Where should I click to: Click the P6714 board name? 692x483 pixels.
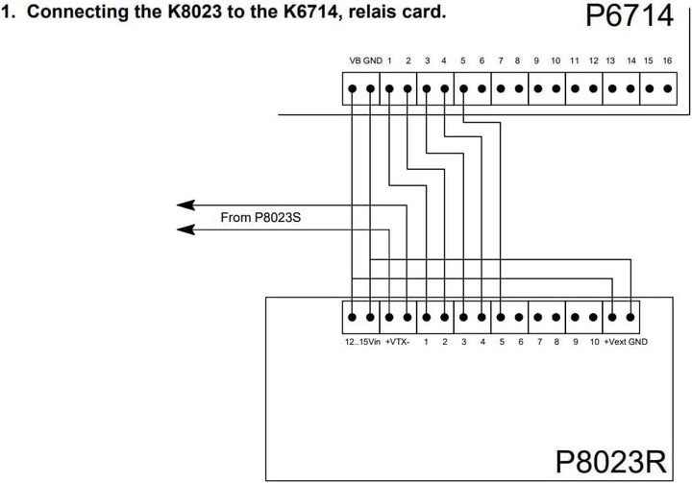coord(630,15)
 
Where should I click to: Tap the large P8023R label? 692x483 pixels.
coord(611,461)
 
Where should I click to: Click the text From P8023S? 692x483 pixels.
coord(260,217)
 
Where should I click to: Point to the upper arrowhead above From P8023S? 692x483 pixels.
coord(185,205)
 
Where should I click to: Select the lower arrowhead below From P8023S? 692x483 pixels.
coord(185,229)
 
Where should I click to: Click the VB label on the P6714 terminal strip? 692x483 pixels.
coord(355,60)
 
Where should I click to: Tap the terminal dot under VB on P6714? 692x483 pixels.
coord(352,88)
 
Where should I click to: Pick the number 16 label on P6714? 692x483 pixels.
coord(667,60)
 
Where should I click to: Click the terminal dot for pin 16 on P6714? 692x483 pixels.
coord(668,88)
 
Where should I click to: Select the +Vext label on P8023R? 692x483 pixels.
coord(615,342)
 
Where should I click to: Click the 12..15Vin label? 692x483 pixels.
coord(362,342)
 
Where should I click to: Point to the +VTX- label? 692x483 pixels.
coord(397,342)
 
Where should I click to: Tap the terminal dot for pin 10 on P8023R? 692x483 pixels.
coord(594,317)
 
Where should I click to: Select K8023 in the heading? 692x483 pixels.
coord(195,12)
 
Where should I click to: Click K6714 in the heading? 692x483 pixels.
coord(309,12)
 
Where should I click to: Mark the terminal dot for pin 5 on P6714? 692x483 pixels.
coord(463,88)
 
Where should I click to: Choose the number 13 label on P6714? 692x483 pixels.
coord(610,60)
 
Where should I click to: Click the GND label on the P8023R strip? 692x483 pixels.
coord(638,342)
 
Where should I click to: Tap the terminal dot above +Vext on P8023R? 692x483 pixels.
coord(612,317)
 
